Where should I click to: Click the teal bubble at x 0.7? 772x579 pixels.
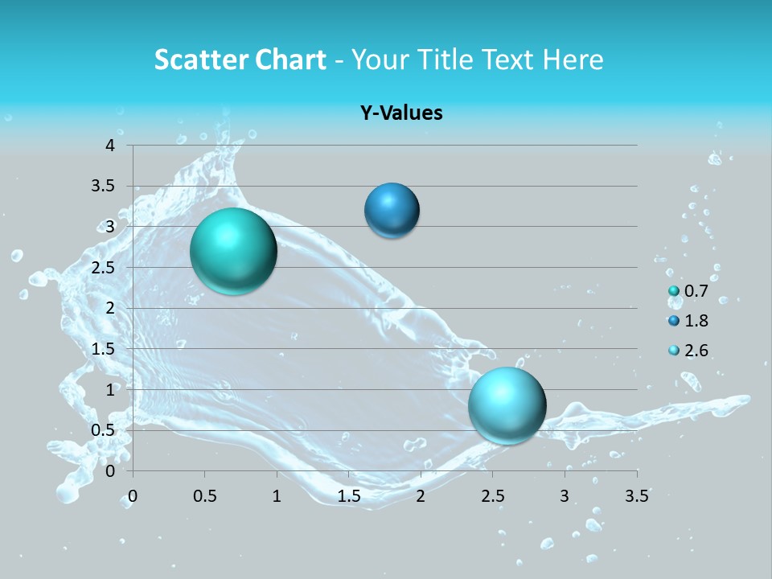tap(233, 251)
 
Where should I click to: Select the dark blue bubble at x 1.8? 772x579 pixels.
tap(392, 211)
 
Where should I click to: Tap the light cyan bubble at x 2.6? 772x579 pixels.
tap(507, 405)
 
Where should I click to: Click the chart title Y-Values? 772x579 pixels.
tap(400, 113)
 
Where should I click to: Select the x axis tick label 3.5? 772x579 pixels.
tap(636, 496)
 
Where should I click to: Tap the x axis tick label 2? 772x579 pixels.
tap(421, 496)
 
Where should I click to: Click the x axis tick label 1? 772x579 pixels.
tap(277, 496)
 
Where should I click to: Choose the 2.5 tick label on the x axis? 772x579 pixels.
tap(492, 496)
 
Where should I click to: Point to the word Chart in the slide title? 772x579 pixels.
tap(290, 60)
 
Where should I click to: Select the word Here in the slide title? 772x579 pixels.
tap(573, 60)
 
